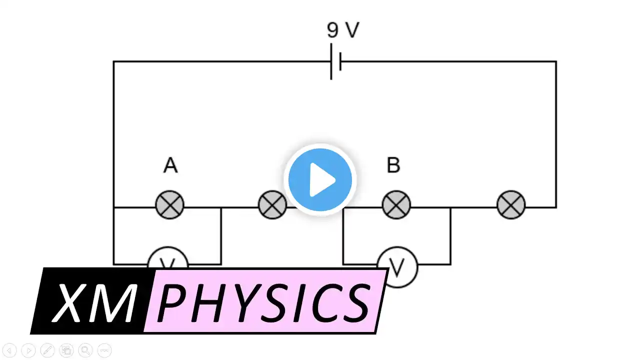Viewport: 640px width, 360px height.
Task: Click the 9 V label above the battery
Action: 343,30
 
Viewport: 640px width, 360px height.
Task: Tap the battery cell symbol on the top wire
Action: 336,61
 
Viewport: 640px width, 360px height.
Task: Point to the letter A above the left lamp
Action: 170,165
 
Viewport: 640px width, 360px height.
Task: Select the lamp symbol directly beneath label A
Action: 170,204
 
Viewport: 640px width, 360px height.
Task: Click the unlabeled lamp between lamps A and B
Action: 272,205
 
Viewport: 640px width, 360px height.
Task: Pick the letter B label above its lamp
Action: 393,165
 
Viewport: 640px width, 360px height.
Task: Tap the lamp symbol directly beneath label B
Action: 396,204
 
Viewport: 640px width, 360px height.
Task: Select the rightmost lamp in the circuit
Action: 511,204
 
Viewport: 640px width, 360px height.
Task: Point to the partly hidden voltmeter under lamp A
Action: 168,257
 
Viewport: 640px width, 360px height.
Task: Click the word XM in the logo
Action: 95,301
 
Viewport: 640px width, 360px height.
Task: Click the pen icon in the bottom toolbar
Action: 47,350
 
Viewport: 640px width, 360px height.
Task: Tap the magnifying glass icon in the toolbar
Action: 85,350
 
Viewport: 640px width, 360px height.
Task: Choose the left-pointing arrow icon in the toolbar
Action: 9,350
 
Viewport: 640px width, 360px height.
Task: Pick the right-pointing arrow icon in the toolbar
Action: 28,350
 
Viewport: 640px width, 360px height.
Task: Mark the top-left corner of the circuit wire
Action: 113,61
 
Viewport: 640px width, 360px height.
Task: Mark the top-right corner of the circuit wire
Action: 556,61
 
